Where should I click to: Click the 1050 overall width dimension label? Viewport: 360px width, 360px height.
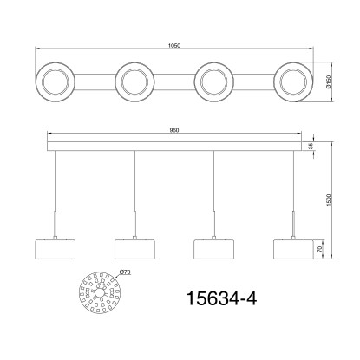[x=174, y=46]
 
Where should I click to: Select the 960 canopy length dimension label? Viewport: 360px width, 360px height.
[x=174, y=130]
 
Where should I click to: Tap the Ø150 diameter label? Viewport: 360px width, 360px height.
[x=328, y=82]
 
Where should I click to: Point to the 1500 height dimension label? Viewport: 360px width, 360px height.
[x=328, y=200]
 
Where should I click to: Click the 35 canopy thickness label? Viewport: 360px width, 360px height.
[x=311, y=147]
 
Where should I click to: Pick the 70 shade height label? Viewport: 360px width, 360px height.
[x=320, y=250]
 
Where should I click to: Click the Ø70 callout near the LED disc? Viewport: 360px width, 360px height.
[x=125, y=272]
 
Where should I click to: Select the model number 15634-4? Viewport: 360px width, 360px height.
[x=222, y=298]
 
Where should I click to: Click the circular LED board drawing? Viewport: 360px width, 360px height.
[x=99, y=292]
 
